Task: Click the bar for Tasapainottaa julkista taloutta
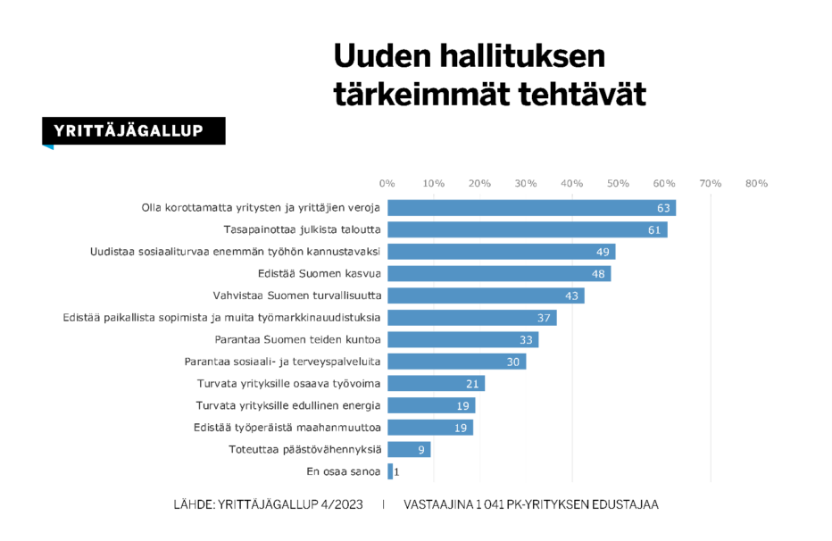527,229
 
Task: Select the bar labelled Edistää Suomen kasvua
498,273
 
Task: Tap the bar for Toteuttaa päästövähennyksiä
408,449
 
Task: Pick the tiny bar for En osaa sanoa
390,471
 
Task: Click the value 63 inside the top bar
663,208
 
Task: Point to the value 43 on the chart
571,295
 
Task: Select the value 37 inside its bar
544,318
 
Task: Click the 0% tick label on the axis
387,183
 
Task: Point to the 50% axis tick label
618,183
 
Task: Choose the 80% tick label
756,183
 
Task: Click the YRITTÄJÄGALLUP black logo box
134,131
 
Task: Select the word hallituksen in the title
520,56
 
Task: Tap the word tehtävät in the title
582,95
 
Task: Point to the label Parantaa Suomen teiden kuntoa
298,339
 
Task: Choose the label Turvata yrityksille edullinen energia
288,405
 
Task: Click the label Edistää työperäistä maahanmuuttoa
287,428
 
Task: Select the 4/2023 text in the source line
342,505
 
